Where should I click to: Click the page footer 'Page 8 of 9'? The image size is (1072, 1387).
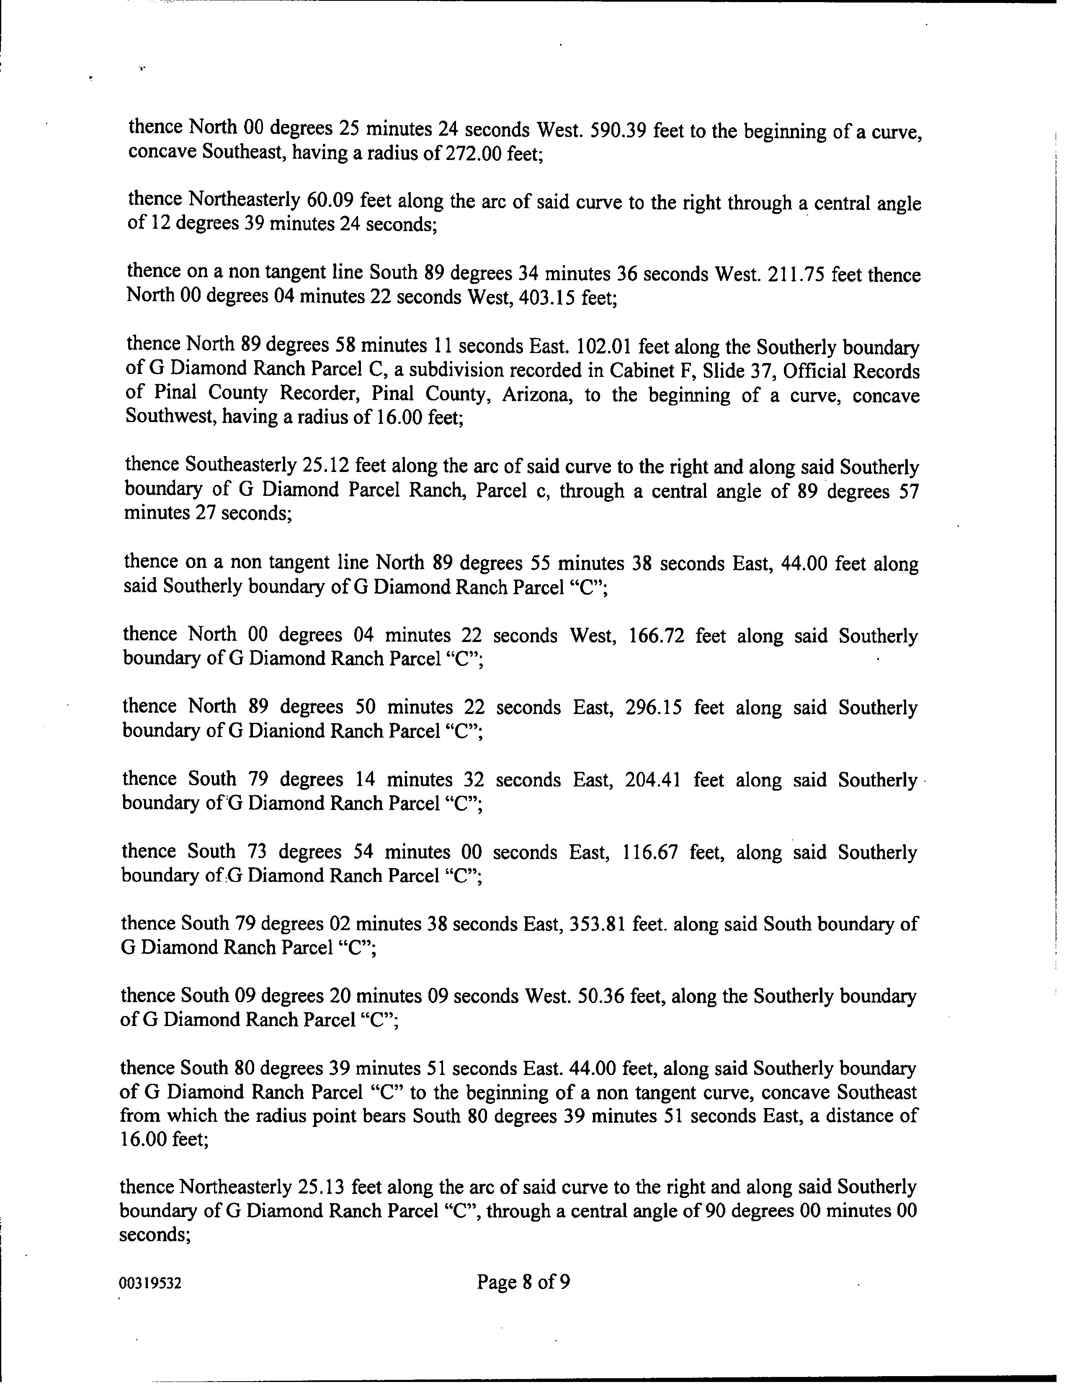[523, 1281]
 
